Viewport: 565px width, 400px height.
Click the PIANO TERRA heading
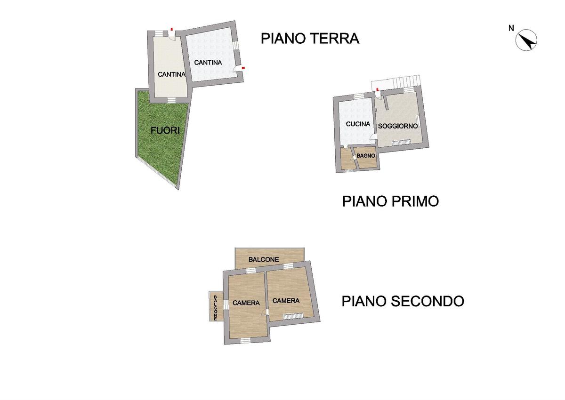tap(310, 39)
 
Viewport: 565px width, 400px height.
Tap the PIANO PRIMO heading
tap(390, 201)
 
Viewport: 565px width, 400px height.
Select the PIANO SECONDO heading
tap(403, 301)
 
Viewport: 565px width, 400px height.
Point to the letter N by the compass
tap(511, 29)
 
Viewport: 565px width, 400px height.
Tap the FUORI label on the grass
tap(165, 130)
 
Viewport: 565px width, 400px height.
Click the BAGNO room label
tap(366, 156)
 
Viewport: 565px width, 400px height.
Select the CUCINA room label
tap(358, 124)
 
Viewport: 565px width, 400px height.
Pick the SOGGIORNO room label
tap(398, 126)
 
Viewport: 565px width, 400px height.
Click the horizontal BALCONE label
tap(264, 259)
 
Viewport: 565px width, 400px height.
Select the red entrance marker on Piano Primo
tap(377, 89)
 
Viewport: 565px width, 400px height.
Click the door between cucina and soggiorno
tap(373, 136)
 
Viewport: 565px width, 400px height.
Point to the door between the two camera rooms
tap(265, 312)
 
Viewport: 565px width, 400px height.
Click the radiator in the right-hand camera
tap(293, 316)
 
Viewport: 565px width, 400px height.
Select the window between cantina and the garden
tap(171, 101)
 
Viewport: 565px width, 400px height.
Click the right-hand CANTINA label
tap(208, 62)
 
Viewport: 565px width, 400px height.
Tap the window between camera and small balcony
tap(226, 304)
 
